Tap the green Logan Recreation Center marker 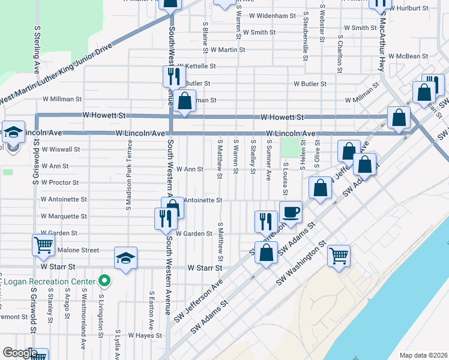[104, 280]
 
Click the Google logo [19, 353]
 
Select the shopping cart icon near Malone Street [43, 244]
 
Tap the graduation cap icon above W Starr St [125, 258]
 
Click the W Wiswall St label [60, 149]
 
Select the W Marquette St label [64, 216]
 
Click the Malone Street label [78, 250]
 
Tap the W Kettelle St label [196, 66]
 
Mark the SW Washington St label [300, 264]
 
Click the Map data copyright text [423, 355]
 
